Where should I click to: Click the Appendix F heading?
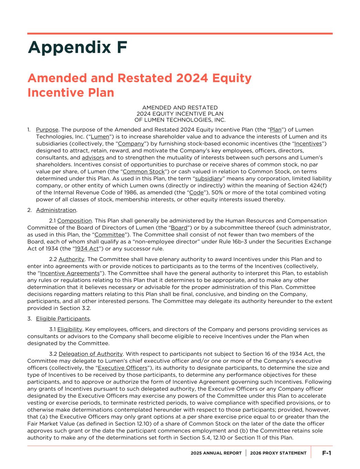click(x=78, y=47)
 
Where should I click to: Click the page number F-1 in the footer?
click(x=326, y=453)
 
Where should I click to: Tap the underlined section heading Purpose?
click(x=47, y=130)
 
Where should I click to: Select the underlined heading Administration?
click(x=56, y=210)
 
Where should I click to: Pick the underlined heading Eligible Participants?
click(x=63, y=319)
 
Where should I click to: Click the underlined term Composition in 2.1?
click(x=75, y=221)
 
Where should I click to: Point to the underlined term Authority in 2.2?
click(x=71, y=259)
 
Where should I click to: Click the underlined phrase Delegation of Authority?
click(x=91, y=354)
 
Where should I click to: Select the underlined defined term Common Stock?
click(x=144, y=171)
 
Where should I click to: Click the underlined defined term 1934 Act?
click(x=87, y=248)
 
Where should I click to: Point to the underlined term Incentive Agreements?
click(x=70, y=273)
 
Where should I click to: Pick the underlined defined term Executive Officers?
click(x=123, y=368)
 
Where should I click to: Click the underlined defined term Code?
click(x=196, y=192)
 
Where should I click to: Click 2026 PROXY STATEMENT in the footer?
click(x=278, y=453)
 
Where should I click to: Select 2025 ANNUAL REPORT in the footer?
click(x=216, y=453)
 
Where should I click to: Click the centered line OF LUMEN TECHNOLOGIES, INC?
click(x=180, y=120)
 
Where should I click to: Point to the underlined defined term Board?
click(x=179, y=227)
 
